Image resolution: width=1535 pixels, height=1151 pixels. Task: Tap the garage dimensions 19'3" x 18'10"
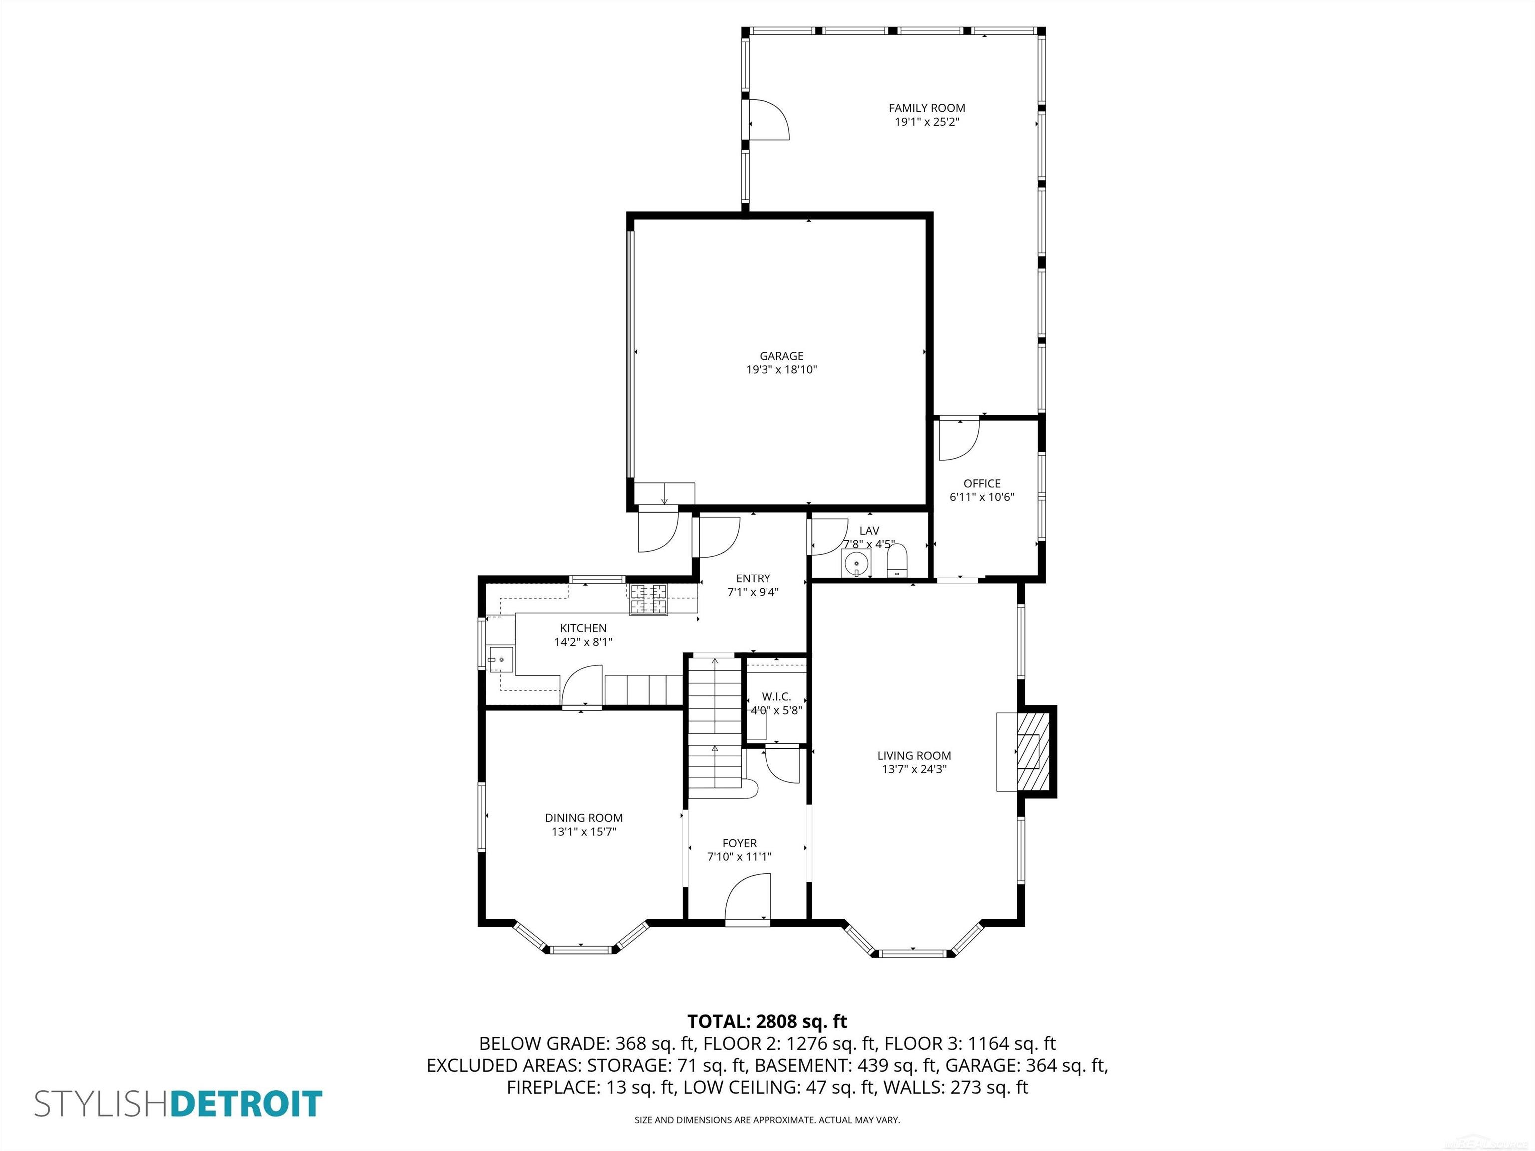pyautogui.click(x=781, y=370)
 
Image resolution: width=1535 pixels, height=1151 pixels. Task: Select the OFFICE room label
pyautogui.click(x=982, y=484)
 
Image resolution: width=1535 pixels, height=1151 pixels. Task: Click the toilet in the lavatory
pyautogui.click(x=898, y=561)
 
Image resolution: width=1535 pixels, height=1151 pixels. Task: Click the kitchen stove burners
pyautogui.click(x=648, y=599)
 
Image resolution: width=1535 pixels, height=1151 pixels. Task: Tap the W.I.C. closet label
pyautogui.click(x=776, y=696)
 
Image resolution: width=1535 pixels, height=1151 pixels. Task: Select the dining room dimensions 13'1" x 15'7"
pyautogui.click(x=584, y=832)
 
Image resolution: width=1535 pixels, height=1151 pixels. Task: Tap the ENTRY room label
pyautogui.click(x=753, y=578)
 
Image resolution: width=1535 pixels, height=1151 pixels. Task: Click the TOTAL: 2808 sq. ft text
pyautogui.click(x=767, y=1021)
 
